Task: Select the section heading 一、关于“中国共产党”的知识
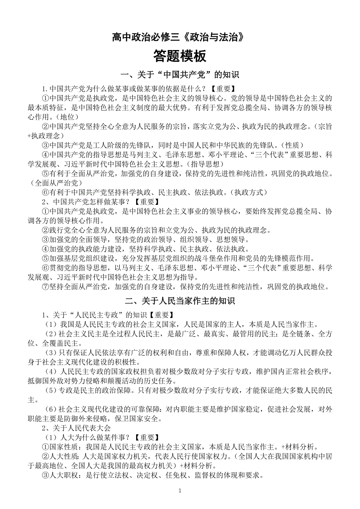(180, 75)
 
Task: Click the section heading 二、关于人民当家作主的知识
(180, 301)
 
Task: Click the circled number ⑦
(46, 287)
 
